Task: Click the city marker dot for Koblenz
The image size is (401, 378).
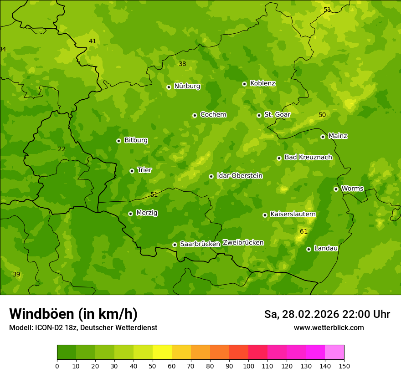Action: click(245, 84)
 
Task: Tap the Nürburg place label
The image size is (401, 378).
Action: click(187, 86)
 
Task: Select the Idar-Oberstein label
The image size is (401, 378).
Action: click(239, 176)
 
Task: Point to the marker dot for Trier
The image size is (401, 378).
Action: click(132, 171)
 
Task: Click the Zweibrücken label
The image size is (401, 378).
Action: click(243, 243)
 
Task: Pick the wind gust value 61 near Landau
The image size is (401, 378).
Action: click(303, 231)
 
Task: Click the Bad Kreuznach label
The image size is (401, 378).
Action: click(308, 157)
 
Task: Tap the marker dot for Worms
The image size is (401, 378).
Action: click(336, 189)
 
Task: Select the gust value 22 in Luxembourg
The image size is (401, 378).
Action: click(62, 149)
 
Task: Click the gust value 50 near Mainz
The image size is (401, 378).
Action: click(322, 115)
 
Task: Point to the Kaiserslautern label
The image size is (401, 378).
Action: click(293, 214)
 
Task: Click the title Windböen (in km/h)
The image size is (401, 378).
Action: click(73, 314)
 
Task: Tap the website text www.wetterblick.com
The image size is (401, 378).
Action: click(329, 327)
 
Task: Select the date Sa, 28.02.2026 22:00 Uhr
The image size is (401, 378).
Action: click(327, 314)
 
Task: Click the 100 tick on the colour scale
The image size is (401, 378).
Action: click(248, 366)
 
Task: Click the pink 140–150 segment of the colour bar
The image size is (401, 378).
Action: click(334, 352)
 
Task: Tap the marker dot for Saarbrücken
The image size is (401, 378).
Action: click(175, 245)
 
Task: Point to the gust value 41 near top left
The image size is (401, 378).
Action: click(93, 41)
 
